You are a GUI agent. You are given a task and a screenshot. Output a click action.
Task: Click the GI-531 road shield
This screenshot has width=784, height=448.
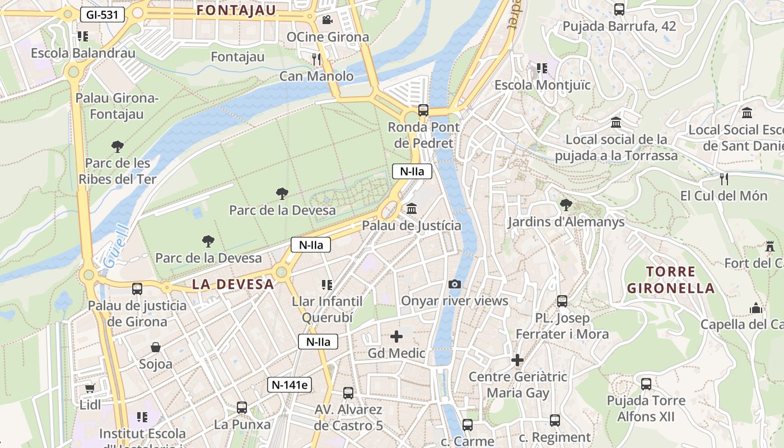pyautogui.click(x=102, y=15)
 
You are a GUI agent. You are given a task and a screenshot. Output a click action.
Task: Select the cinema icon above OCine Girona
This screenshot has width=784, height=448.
pyautogui.click(x=327, y=20)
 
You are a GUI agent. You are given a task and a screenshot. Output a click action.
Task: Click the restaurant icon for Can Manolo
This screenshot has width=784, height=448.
pyautogui.click(x=316, y=59)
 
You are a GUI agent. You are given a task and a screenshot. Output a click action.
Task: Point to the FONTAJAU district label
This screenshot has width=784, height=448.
pyautogui.click(x=236, y=10)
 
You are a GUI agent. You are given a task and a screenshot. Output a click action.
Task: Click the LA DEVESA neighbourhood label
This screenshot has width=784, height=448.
pyautogui.click(x=233, y=284)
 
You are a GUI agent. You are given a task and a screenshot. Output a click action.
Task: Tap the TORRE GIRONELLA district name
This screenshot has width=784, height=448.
pyautogui.click(x=670, y=280)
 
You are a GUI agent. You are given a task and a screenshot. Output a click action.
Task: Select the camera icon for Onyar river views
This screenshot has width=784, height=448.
pyautogui.click(x=455, y=284)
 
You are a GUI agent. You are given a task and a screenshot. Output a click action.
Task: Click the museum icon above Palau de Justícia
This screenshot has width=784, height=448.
pyautogui.click(x=412, y=209)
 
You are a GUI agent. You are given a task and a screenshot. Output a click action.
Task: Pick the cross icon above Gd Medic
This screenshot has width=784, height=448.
pyautogui.click(x=396, y=337)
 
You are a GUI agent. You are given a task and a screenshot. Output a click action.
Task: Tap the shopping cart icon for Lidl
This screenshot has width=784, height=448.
pyautogui.click(x=90, y=388)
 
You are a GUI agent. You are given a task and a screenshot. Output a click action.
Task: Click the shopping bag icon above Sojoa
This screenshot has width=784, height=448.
pyautogui.click(x=156, y=347)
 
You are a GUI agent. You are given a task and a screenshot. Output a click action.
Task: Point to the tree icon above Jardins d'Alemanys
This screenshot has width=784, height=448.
pyautogui.click(x=566, y=205)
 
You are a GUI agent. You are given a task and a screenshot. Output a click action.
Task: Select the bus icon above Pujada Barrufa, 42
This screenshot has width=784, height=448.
pyautogui.click(x=619, y=9)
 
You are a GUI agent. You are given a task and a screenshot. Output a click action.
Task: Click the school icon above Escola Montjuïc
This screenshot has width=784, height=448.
pyautogui.click(x=542, y=68)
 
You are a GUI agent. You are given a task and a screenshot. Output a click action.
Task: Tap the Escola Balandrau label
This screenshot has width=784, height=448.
pyautogui.click(x=83, y=53)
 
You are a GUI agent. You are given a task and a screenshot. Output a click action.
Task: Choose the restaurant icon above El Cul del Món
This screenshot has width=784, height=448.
pyautogui.click(x=724, y=179)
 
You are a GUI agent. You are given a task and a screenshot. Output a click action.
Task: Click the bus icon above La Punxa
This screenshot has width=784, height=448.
pyautogui.click(x=242, y=408)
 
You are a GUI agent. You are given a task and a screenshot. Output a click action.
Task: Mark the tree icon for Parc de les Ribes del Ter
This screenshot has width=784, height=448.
pyautogui.click(x=117, y=147)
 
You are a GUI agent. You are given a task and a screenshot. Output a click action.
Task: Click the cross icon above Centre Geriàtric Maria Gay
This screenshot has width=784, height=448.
pyautogui.click(x=517, y=360)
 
